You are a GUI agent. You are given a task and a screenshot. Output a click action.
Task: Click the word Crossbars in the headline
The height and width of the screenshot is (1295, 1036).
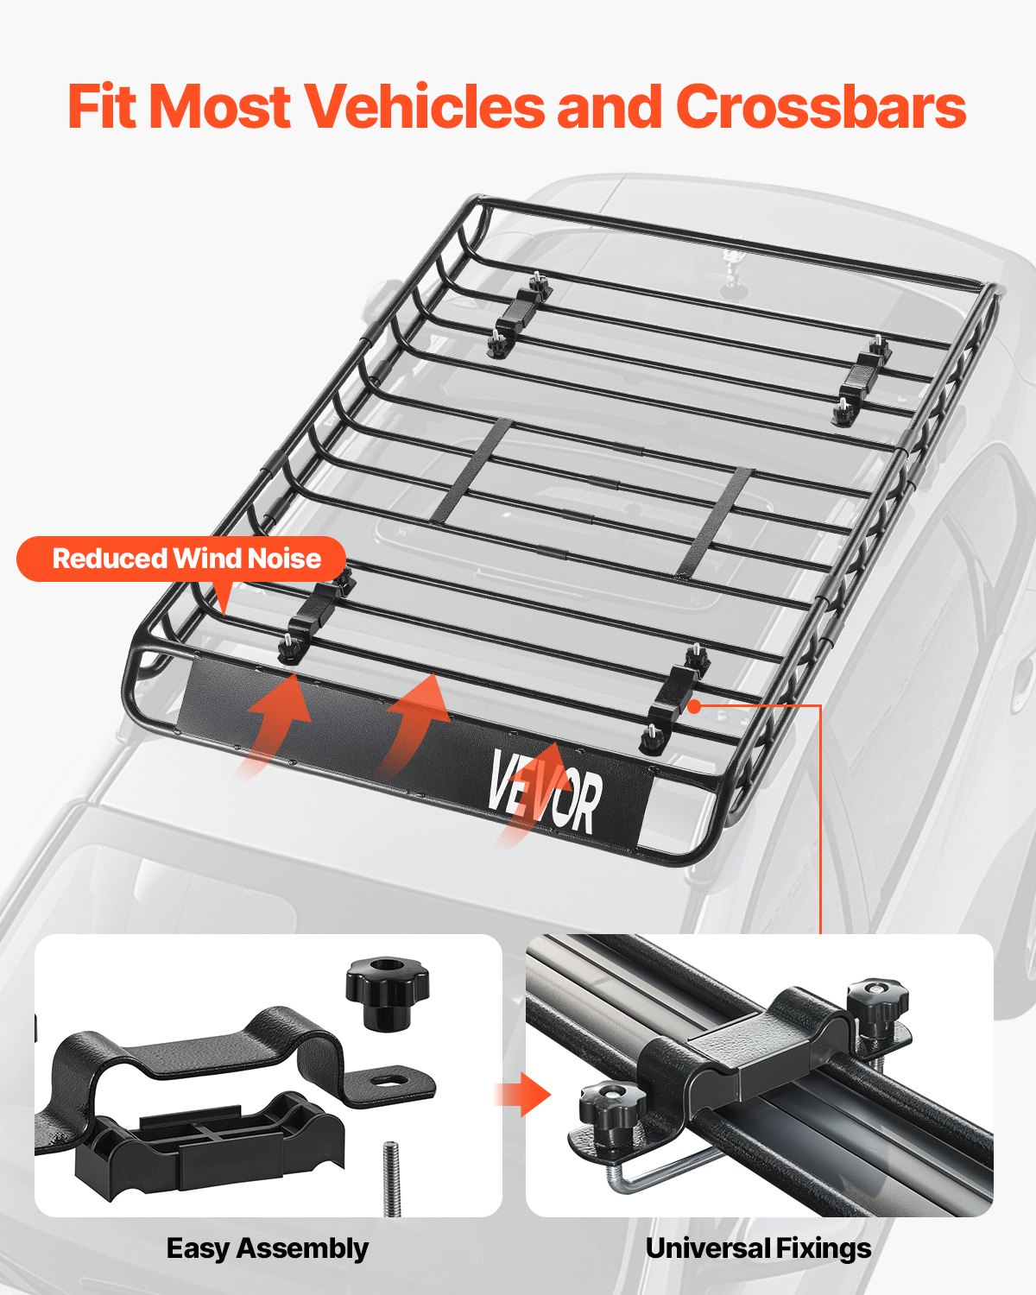(826, 107)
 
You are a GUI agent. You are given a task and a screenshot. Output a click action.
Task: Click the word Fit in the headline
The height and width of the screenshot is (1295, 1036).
(104, 107)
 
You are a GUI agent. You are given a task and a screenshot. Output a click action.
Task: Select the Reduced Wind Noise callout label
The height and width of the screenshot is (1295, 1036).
(186, 559)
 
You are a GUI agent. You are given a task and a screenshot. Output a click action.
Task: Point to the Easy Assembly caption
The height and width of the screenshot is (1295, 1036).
(267, 1248)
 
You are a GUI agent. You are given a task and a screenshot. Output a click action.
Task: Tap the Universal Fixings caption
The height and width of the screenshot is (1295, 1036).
(758, 1248)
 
